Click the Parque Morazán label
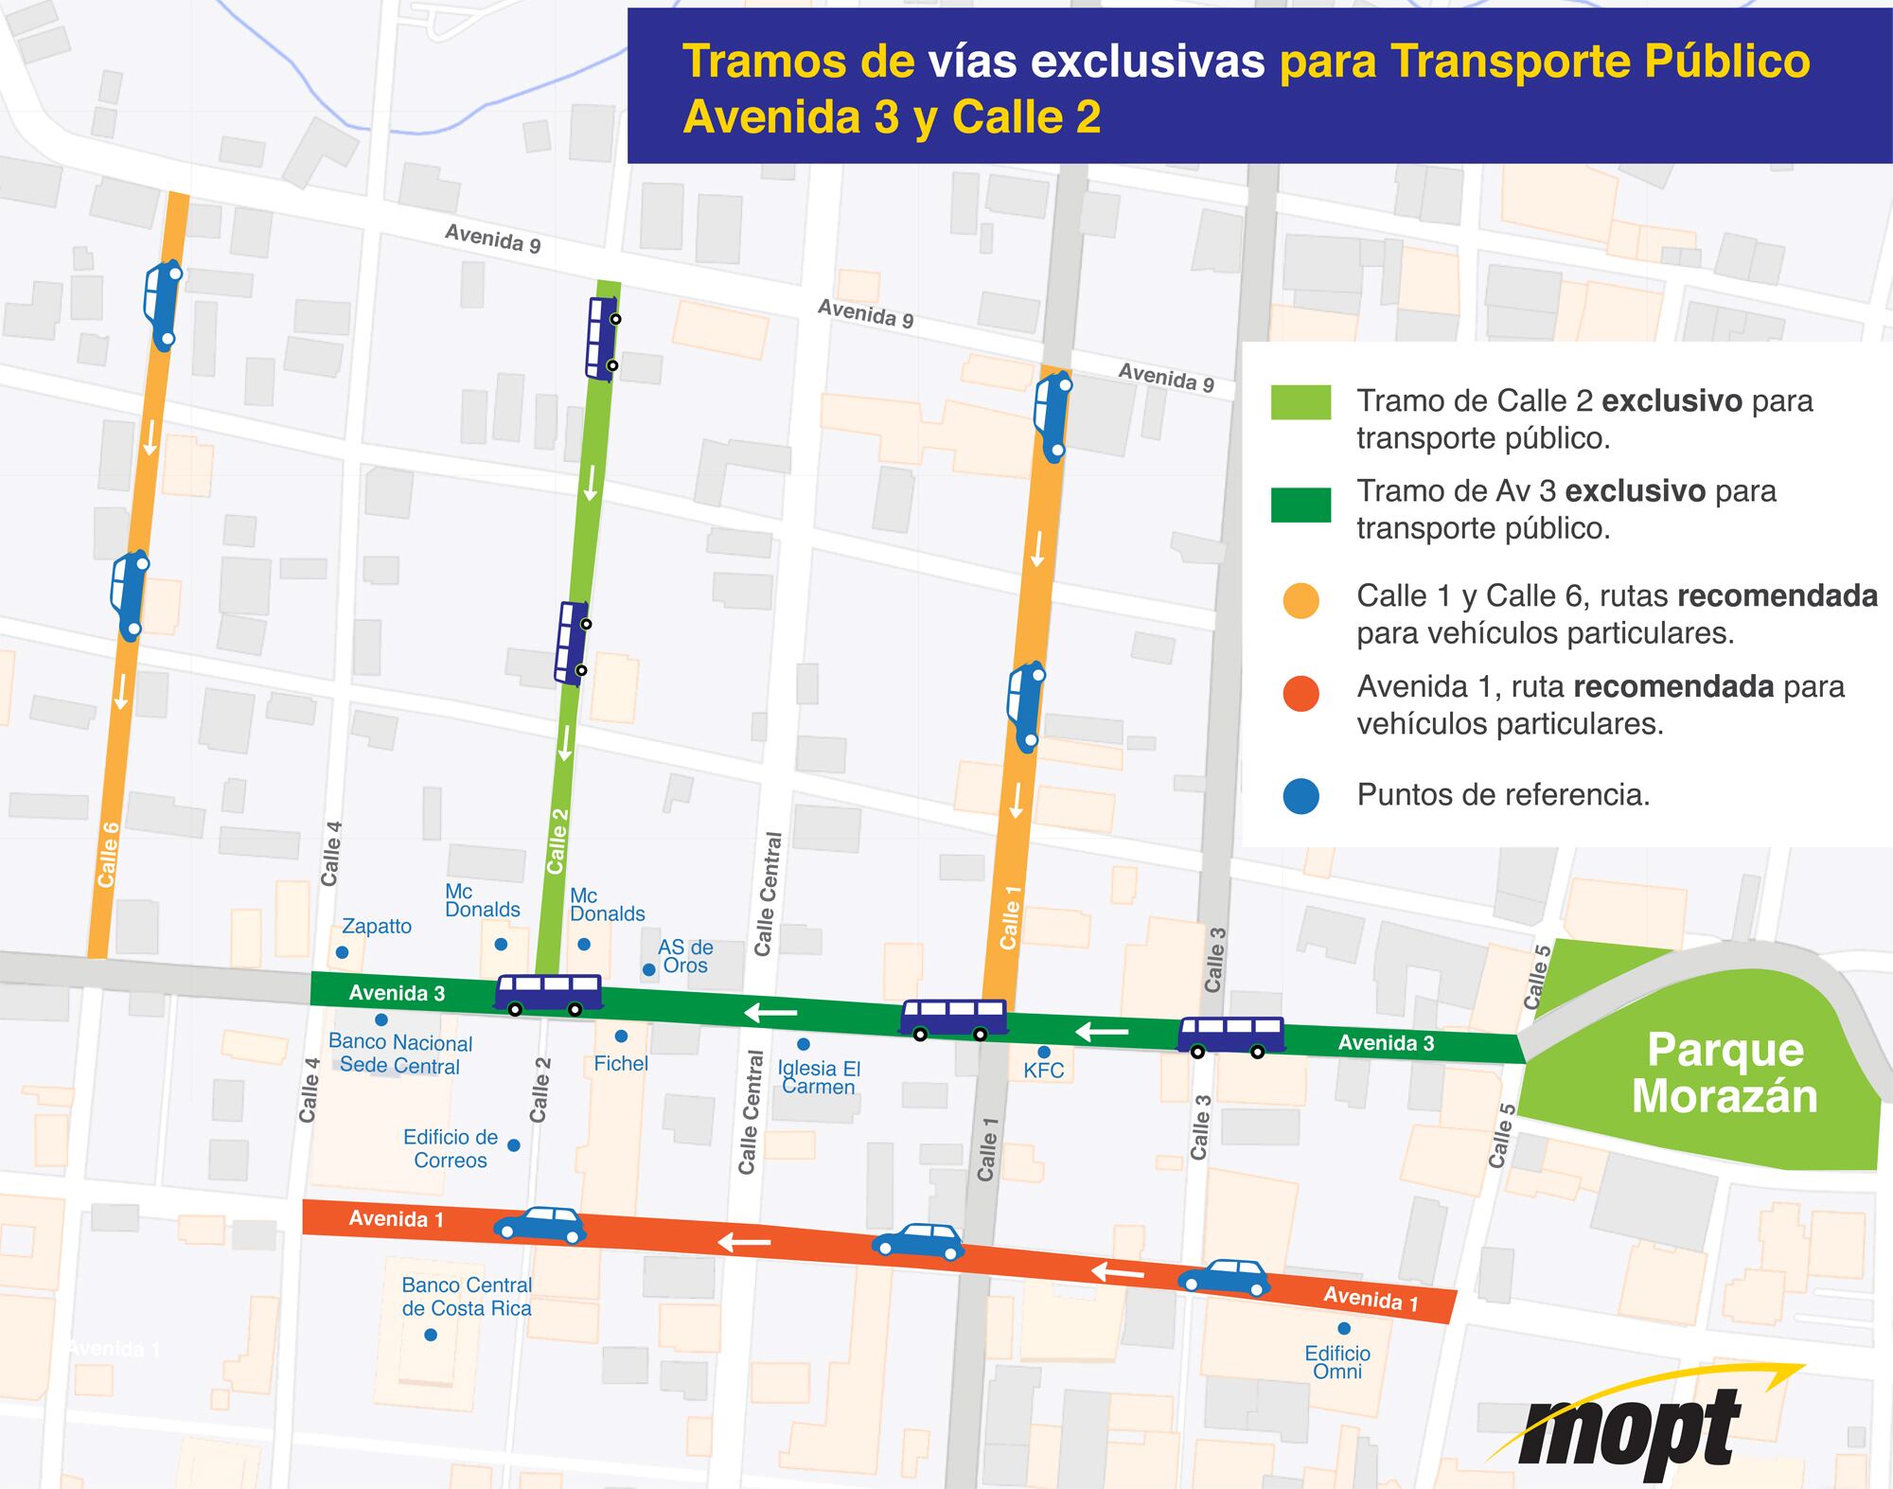(x=1724, y=1072)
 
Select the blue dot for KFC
(x=1044, y=1052)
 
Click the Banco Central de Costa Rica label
(x=467, y=1297)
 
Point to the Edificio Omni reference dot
(x=1344, y=1328)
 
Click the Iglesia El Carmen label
(x=819, y=1077)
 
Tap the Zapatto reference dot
(x=343, y=952)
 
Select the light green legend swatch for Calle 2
(x=1300, y=402)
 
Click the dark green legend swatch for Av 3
(x=1300, y=505)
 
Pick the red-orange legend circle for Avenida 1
(x=1301, y=693)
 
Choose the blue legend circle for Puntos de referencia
(x=1301, y=796)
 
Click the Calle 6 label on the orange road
(x=109, y=854)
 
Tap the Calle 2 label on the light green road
(x=557, y=841)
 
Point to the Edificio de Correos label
(x=451, y=1148)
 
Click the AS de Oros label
(x=685, y=956)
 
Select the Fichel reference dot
(x=621, y=1037)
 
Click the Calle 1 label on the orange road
(x=1010, y=917)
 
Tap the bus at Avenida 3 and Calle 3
(x=1230, y=1035)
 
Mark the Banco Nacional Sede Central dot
(x=381, y=1019)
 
